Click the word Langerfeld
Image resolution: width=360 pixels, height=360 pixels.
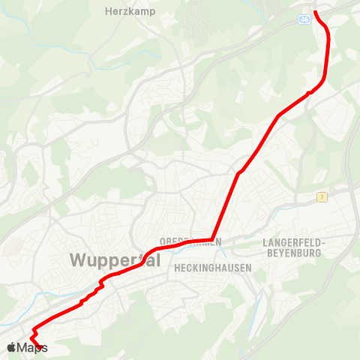(292, 242)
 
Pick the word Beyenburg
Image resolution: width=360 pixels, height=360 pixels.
(292, 253)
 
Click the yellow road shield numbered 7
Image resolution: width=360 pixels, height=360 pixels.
(321, 197)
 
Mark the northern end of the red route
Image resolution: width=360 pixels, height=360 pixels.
(314, 12)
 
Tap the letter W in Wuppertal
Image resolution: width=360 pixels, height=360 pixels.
(77, 259)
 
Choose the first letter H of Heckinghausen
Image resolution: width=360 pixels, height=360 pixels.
(176, 267)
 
